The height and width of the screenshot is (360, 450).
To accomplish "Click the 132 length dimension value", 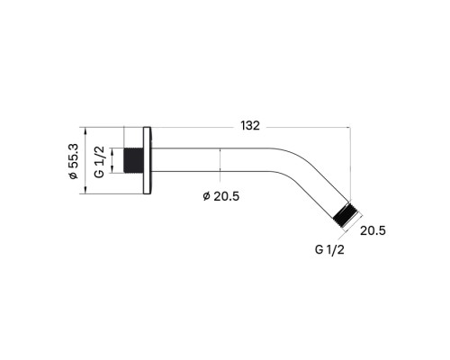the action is click(250, 126).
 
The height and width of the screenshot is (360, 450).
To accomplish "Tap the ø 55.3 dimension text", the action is click(73, 161).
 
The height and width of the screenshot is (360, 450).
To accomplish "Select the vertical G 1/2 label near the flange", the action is click(100, 162).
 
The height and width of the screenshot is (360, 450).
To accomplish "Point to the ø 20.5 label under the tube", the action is click(221, 196).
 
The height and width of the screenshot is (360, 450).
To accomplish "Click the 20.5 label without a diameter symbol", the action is click(373, 230).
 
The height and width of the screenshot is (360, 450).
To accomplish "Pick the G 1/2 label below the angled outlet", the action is click(329, 249).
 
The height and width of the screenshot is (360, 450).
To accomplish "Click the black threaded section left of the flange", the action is click(133, 160).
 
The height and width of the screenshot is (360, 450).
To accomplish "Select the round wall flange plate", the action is click(147, 160).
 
